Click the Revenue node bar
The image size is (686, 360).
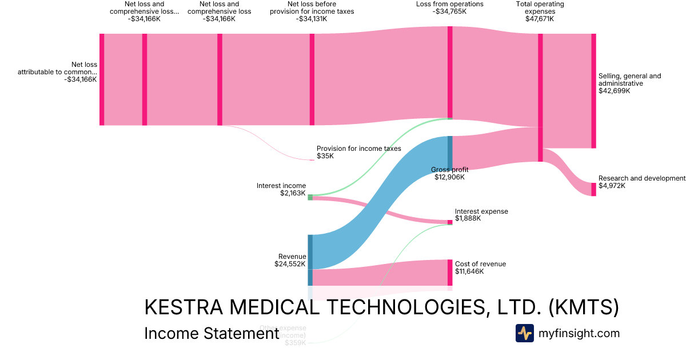310,259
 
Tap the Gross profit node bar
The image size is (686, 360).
450,153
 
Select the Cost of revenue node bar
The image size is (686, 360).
450,273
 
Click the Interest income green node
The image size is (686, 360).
310,197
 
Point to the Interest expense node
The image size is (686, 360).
450,222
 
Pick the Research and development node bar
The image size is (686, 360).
593,189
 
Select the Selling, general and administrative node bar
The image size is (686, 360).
593,91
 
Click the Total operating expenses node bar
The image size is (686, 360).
540,97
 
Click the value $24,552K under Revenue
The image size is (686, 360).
290,264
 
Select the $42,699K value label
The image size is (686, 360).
614,91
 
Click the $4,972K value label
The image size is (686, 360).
612,186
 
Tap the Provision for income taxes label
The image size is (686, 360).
359,149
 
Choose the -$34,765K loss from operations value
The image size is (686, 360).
449,11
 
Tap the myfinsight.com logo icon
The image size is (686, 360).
524,333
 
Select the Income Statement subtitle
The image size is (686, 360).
211,333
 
